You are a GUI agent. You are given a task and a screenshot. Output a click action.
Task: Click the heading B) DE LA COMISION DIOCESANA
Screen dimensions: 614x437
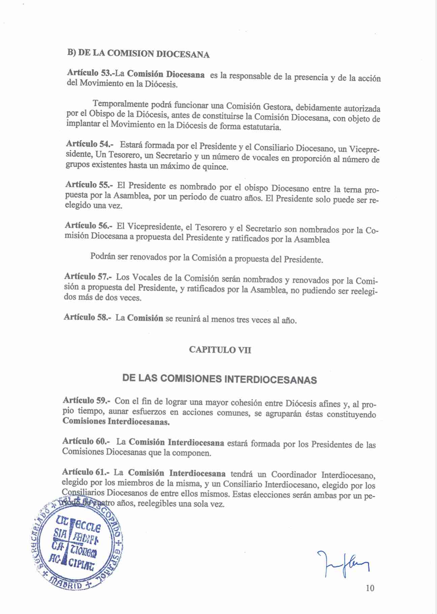point(138,54)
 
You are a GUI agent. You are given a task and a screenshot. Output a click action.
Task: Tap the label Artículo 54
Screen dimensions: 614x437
point(89,144)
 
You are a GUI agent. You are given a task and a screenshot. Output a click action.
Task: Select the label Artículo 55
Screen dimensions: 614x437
point(89,185)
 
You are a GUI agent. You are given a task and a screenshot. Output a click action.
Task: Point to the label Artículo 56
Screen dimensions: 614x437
point(88,225)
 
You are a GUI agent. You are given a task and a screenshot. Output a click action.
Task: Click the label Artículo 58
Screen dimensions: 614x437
point(87,317)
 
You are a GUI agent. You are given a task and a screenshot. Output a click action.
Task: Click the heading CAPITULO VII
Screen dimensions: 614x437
point(220,350)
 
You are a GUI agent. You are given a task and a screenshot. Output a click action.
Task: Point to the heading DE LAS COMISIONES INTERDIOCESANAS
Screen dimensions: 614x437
point(220,379)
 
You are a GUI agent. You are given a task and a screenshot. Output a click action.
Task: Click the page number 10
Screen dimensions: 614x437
point(370,588)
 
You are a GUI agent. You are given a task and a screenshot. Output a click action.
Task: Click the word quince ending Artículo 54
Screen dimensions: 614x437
point(214,167)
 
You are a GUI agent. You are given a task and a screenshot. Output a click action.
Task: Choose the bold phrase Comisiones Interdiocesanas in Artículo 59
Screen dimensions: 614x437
point(116,422)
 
